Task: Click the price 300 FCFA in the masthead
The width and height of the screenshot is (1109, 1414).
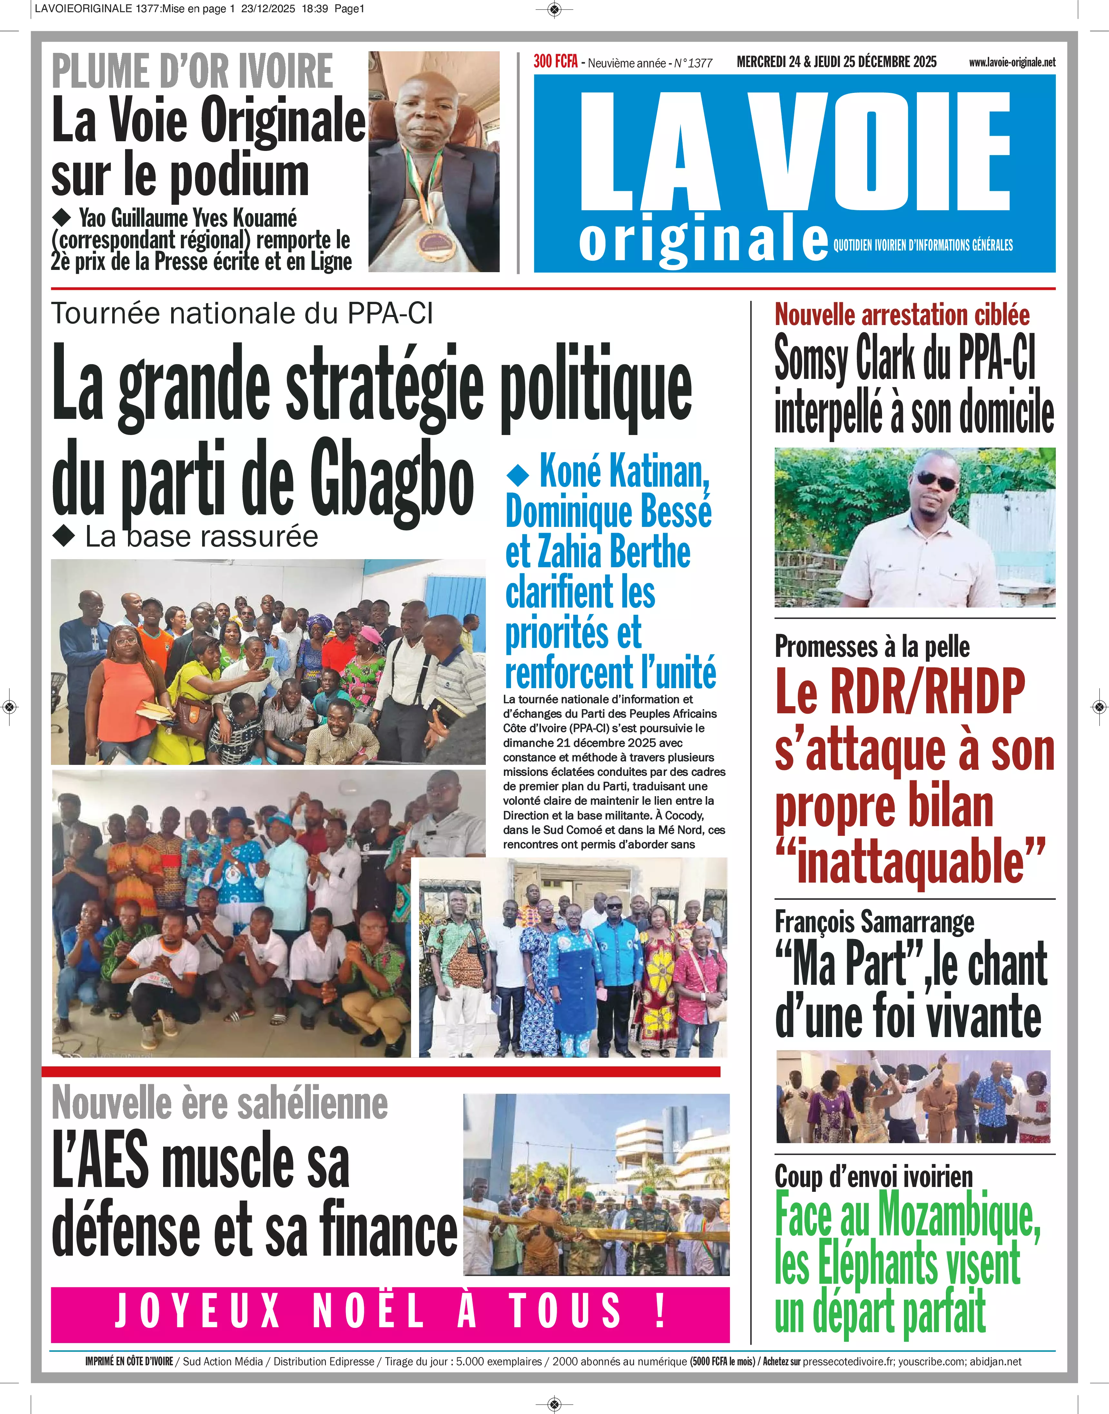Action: pos(555,62)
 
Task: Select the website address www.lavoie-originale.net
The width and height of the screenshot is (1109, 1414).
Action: pos(1012,62)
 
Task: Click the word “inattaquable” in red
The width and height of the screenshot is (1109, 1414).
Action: pos(910,861)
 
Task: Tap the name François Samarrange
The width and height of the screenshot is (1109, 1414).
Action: pos(874,922)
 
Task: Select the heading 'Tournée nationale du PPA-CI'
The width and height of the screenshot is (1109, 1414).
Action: pos(241,314)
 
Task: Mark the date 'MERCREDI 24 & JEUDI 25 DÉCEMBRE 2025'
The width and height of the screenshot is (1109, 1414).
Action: pos(836,62)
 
